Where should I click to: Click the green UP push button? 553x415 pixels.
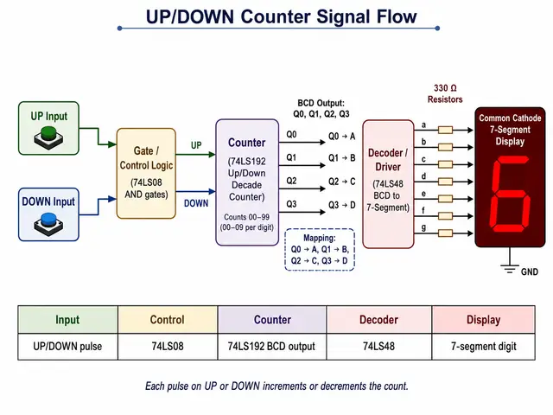click(48, 138)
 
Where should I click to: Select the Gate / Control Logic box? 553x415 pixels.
click(146, 173)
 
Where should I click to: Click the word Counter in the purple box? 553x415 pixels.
click(246, 143)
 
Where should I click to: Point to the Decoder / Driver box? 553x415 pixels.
click(388, 184)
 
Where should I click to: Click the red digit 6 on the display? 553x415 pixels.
click(511, 194)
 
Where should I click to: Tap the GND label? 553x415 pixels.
click(530, 271)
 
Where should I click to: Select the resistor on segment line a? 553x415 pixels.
click(446, 131)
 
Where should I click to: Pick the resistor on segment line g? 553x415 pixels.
click(446, 233)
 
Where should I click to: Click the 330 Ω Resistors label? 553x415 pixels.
click(445, 93)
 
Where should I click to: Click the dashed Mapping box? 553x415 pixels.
click(320, 250)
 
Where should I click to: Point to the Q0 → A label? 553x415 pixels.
click(342, 137)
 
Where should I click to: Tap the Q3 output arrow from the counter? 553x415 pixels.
click(302, 212)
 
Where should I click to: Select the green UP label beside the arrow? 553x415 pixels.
click(196, 145)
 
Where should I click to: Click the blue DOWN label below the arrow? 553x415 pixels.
click(196, 203)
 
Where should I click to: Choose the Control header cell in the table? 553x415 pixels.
click(168, 319)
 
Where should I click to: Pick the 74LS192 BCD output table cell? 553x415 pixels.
click(272, 346)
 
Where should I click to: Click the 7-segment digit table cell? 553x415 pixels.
click(484, 346)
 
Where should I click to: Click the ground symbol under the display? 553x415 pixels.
click(510, 269)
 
